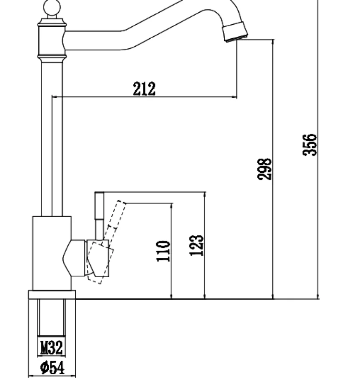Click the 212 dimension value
click(x=144, y=89)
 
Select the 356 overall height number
click(x=310, y=145)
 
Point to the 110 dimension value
click(x=163, y=251)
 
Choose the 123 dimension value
click(x=196, y=245)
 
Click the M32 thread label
click(x=51, y=348)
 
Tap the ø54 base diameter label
click(x=52, y=367)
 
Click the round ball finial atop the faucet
click(x=52, y=8)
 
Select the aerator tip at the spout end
click(x=235, y=32)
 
